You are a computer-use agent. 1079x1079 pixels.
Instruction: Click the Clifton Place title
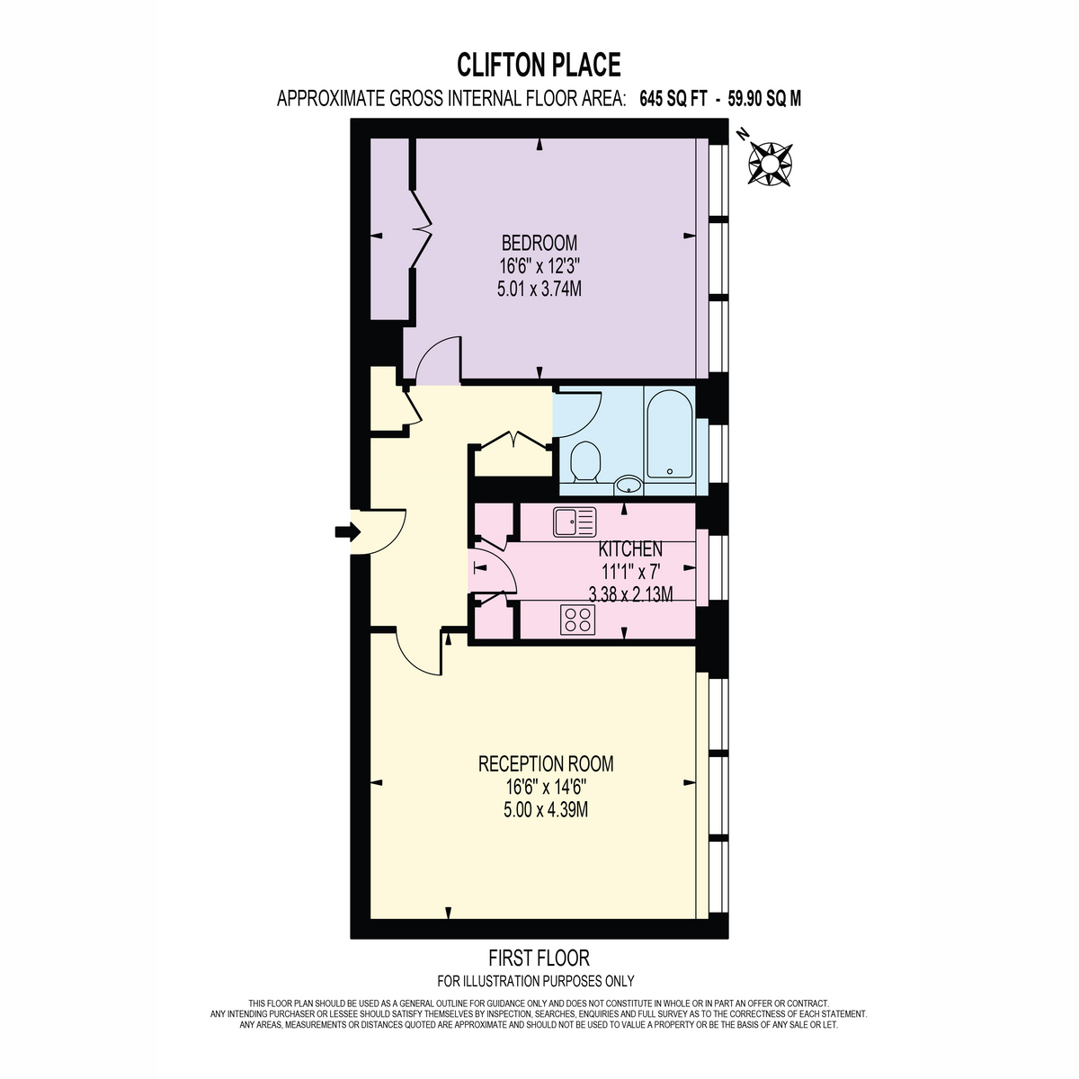point(539,65)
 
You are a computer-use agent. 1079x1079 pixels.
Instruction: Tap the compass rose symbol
point(771,164)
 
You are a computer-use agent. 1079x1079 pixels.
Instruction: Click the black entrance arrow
point(347,531)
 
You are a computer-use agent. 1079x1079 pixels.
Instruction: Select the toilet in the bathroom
point(585,462)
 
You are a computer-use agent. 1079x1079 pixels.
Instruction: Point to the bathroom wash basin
point(629,485)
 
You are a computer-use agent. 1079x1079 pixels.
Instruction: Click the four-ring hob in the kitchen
point(577,620)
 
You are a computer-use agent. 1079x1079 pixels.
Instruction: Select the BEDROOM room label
point(539,243)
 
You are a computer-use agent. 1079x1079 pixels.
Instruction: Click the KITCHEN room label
point(630,548)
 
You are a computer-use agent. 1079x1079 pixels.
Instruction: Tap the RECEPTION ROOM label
point(546,763)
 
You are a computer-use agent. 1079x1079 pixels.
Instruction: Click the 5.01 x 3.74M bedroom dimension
point(539,289)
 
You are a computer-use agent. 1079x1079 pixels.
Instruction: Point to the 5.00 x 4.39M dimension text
point(546,809)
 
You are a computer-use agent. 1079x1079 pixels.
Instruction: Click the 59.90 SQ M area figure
point(764,99)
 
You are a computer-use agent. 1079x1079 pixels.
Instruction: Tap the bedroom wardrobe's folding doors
point(424,228)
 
